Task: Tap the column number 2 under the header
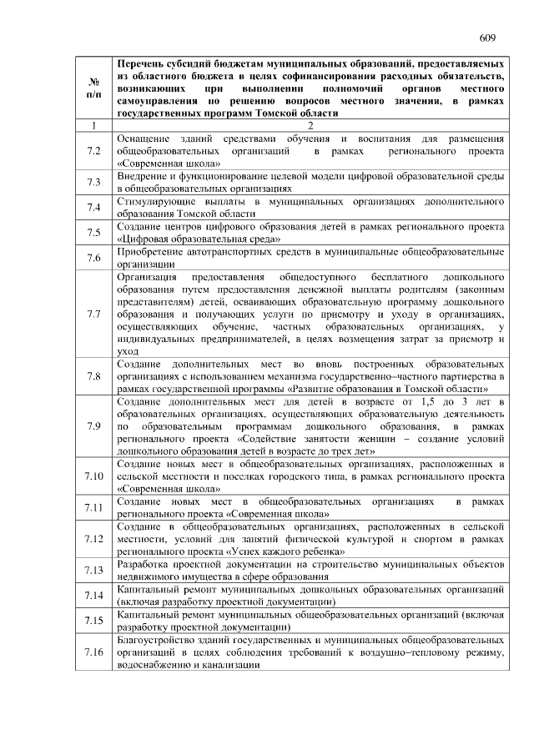(310, 125)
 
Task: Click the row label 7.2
(93, 151)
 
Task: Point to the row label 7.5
(93, 233)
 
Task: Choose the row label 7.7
(93, 314)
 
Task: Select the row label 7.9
(93, 426)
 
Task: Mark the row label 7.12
(93, 539)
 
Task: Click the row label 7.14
(93, 595)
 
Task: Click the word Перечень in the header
(143, 63)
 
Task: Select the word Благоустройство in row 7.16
(160, 639)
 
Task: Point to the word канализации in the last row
(230, 664)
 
